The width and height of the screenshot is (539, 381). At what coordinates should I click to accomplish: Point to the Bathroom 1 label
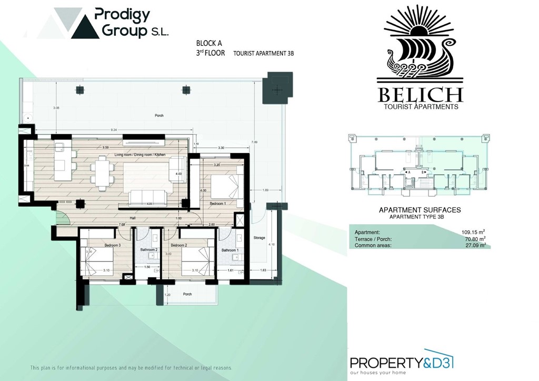[x=229, y=250]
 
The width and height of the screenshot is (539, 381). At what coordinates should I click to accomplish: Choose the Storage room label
[x=259, y=238]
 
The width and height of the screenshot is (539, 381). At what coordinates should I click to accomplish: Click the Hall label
[x=134, y=217]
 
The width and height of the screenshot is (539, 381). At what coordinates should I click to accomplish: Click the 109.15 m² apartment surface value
[x=472, y=232]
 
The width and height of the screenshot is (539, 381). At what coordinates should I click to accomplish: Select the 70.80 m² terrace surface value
[x=474, y=238]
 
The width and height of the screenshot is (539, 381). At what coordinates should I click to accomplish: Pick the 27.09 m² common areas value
[x=474, y=245]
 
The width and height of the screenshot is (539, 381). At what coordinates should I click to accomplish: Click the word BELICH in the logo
[x=420, y=95]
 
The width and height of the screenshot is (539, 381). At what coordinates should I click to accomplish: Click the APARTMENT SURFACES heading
[x=420, y=210]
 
